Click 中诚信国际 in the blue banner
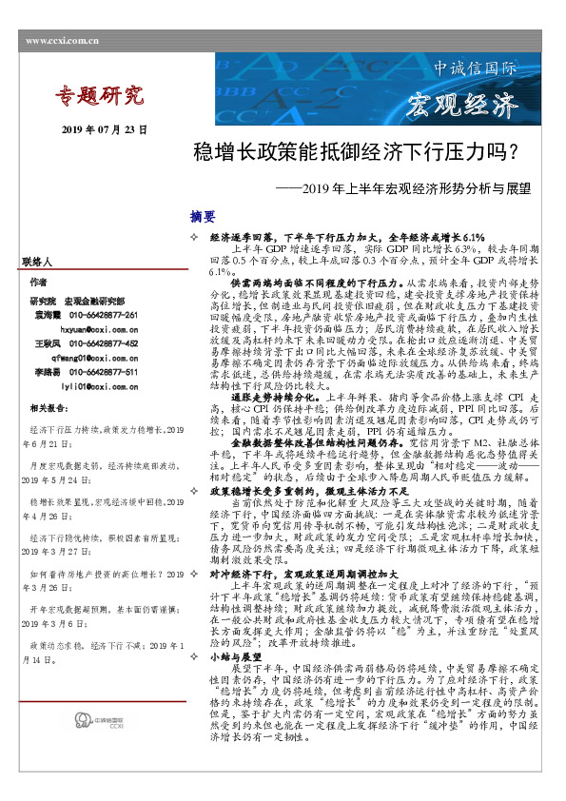(475, 69)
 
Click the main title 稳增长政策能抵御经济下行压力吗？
(356, 152)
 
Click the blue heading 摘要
(203, 217)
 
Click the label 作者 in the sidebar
(37, 283)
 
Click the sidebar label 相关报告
(47, 408)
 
